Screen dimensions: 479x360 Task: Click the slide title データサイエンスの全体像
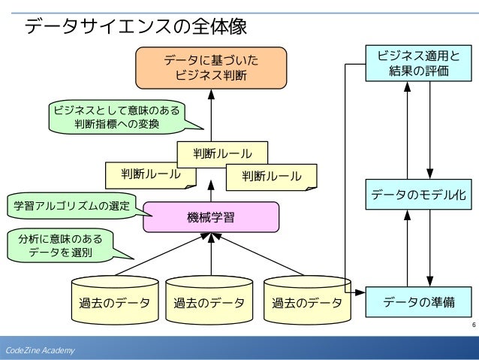point(135,26)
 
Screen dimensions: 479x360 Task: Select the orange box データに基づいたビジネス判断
point(211,68)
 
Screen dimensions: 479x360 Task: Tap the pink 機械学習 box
point(211,217)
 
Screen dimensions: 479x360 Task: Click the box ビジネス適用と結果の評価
point(418,63)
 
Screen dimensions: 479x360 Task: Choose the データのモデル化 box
point(418,195)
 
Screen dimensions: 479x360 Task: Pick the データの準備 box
point(418,302)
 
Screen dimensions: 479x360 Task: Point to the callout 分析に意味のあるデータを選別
point(61,246)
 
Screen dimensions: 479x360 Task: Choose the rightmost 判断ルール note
point(272,177)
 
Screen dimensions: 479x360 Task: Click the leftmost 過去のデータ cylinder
point(115,301)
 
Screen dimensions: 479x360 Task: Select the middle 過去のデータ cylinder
point(209,301)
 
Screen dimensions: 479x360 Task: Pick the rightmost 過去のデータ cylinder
point(307,301)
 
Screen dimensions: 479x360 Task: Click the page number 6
point(474,325)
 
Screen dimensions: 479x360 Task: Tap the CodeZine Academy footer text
point(40,350)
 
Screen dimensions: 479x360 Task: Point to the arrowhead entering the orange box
point(211,94)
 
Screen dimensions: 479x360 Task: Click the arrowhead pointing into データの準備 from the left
point(361,292)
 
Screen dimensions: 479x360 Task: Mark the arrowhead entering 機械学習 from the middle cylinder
point(211,237)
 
